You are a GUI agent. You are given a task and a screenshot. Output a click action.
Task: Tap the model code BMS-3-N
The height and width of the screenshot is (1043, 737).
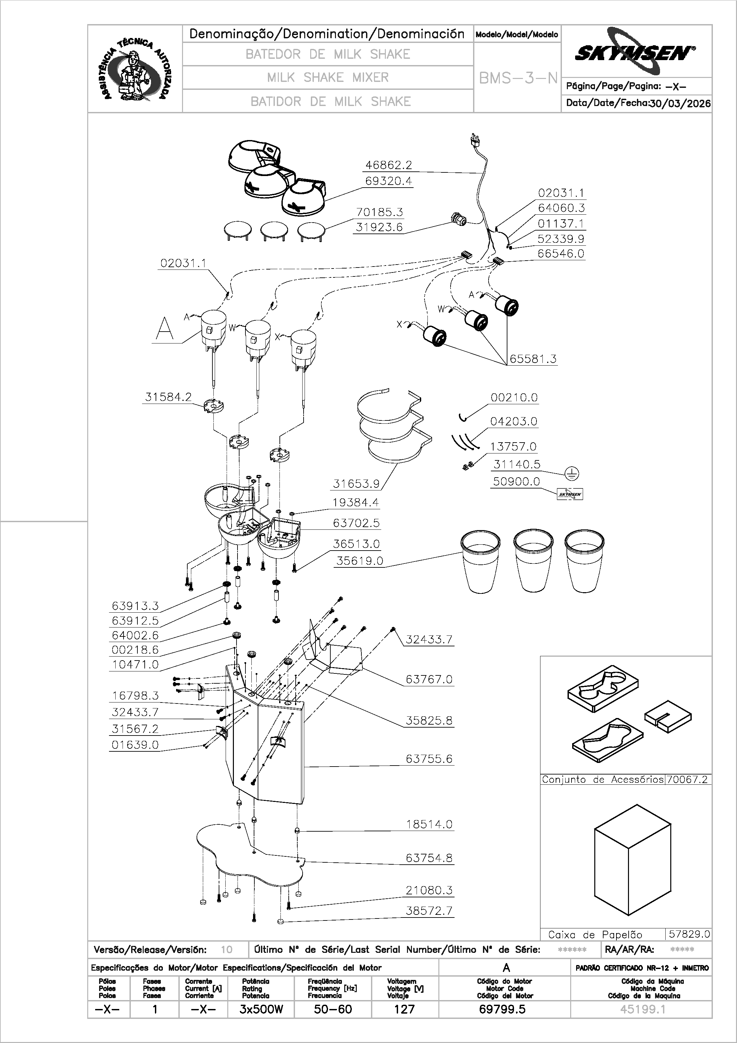pyautogui.click(x=518, y=78)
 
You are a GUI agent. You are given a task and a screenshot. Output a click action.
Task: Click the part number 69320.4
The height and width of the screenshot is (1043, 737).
pyautogui.click(x=389, y=181)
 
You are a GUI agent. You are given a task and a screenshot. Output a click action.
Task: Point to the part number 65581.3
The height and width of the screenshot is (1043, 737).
pyautogui.click(x=533, y=359)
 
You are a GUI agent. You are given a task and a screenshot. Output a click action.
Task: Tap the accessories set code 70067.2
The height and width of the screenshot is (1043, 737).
pyautogui.click(x=687, y=779)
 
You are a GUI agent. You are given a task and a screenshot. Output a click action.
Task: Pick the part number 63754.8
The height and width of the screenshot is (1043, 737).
pyautogui.click(x=429, y=858)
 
